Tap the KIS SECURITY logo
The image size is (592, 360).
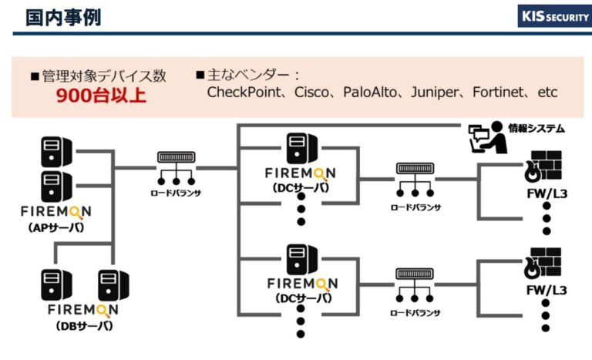coord(549,16)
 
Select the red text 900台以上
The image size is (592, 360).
coord(99,96)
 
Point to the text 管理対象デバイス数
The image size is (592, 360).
coord(104,76)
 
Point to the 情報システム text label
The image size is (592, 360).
coord(536,128)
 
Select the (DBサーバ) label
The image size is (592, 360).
coord(84,325)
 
